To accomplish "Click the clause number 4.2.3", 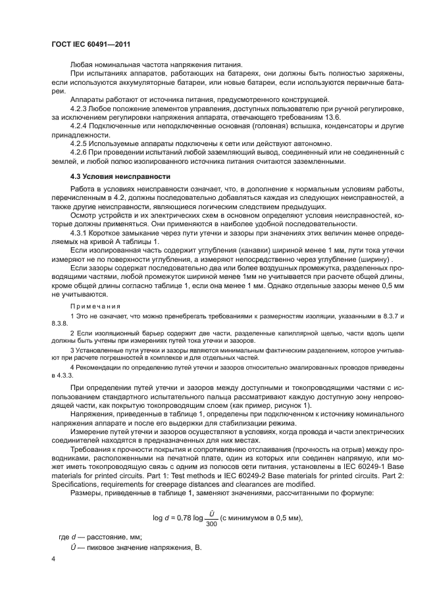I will [80, 106].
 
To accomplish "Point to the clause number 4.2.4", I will [80, 125].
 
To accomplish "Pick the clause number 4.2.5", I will [80, 143].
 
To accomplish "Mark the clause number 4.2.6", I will [80, 153].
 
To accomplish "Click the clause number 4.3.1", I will [80, 234].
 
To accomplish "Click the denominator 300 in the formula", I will [211, 505].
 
